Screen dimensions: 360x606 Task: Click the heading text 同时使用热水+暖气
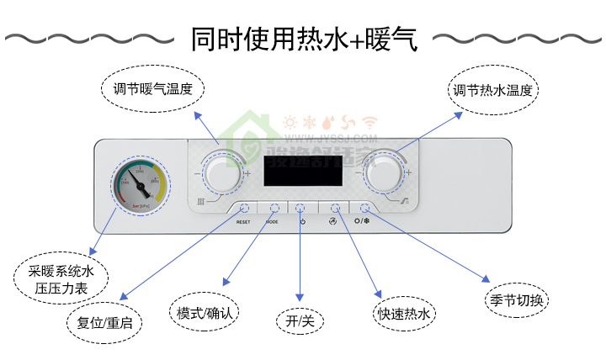point(303,39)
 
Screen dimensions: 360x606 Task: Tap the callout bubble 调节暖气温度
point(153,89)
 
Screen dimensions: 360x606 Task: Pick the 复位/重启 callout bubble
point(104,321)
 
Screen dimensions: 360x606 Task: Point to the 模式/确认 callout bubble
point(205,312)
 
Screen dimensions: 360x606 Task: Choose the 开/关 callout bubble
point(300,320)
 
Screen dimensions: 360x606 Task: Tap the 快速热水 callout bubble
point(407,315)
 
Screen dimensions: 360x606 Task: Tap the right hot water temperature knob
point(385,172)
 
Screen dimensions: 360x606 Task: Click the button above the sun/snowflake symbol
point(364,207)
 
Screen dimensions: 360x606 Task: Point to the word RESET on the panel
point(243,222)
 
